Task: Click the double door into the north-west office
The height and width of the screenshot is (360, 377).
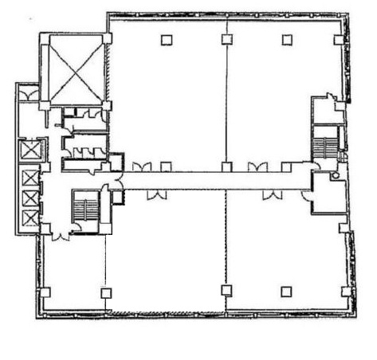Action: [x=141, y=166]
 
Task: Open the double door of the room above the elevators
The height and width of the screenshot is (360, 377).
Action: [x=29, y=95]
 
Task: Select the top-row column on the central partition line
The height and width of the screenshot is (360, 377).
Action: [x=226, y=40]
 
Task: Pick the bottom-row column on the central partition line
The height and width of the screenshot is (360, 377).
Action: [x=226, y=292]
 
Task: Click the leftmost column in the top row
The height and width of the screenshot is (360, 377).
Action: [x=166, y=40]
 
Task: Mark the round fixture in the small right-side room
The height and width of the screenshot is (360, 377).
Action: [x=336, y=174]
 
